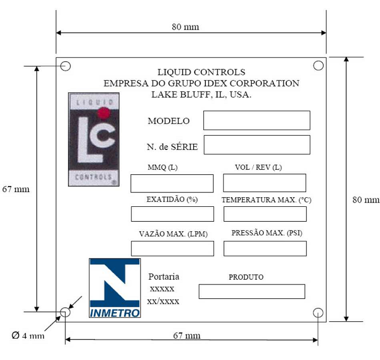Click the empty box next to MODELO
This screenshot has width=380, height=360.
257,120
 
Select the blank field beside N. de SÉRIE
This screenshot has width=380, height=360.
257,145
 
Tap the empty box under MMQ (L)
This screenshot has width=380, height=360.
172,183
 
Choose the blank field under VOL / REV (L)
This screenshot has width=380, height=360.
265,183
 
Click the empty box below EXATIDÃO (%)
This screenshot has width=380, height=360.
172,214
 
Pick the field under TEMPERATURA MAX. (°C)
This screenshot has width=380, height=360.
265,214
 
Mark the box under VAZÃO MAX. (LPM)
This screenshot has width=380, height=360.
172,248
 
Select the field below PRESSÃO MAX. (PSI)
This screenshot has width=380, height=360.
265,248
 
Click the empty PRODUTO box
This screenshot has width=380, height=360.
252,291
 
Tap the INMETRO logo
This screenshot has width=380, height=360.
115,288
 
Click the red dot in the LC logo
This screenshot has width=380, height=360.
104,113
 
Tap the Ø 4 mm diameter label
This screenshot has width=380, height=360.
28,336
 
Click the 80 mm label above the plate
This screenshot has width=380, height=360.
185,27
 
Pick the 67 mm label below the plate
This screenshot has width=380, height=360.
187,336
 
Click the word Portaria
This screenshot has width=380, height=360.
164,277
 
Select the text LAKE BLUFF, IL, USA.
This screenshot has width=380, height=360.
201,95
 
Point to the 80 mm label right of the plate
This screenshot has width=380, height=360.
366,200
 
